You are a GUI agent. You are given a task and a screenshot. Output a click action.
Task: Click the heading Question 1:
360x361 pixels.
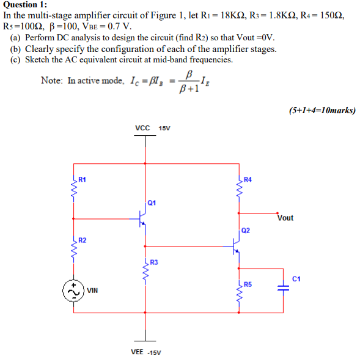coord(24,4)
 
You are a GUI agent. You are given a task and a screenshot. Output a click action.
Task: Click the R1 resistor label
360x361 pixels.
coord(82,179)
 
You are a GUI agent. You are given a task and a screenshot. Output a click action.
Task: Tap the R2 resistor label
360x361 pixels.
coord(82,239)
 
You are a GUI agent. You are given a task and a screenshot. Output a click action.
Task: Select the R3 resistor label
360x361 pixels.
coord(154,262)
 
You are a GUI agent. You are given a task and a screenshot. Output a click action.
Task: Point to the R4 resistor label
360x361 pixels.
coord(247,179)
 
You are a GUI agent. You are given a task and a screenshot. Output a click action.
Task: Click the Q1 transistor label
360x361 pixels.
coord(152,203)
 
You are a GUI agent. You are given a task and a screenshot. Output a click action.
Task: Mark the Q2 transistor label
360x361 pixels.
coord(245,231)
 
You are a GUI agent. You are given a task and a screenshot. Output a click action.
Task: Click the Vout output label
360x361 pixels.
coord(285,218)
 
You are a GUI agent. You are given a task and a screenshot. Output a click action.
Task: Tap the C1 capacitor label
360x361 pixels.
coord(297,279)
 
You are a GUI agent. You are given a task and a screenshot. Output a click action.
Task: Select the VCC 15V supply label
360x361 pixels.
coord(152,128)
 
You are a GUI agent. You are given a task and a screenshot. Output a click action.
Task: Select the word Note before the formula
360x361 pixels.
coord(51,80)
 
